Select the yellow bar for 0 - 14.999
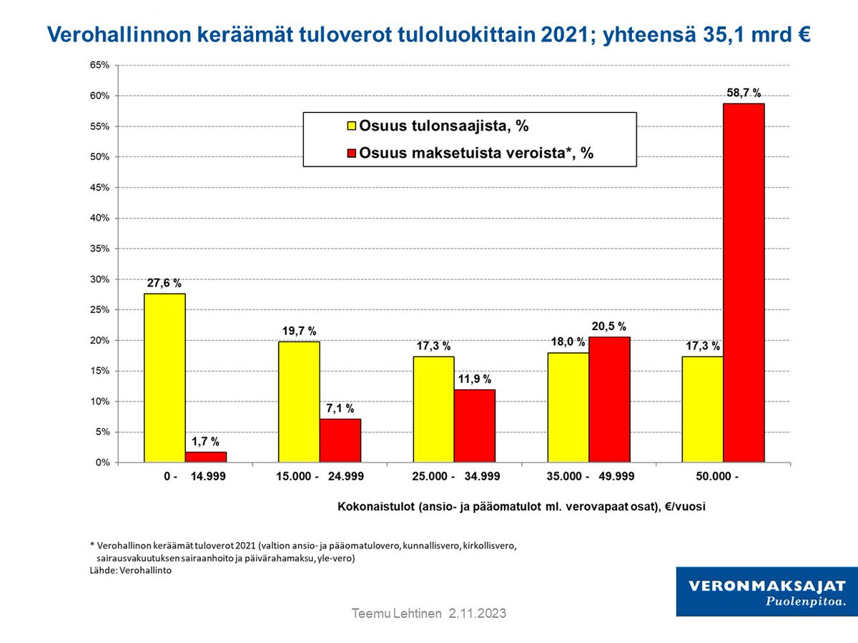tap(164, 378)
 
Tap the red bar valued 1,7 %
tap(206, 457)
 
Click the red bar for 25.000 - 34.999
tap(475, 426)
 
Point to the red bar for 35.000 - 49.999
tap(609, 399)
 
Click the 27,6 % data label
tap(164, 283)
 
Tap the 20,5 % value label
tap(610, 327)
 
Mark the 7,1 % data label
tap(340, 409)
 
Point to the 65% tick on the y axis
tap(99, 65)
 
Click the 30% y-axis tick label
tap(99, 279)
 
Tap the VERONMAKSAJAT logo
tap(766, 591)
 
